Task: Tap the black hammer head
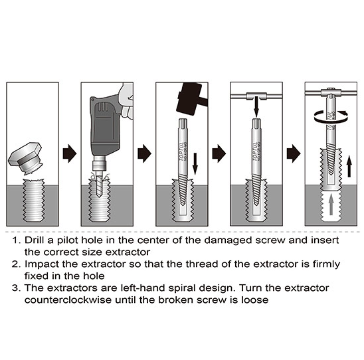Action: tap(189, 98)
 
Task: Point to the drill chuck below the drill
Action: tap(99, 164)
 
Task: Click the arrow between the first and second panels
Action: tap(70, 153)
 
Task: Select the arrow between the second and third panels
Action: tap(144, 153)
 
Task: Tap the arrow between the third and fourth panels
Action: tap(219, 153)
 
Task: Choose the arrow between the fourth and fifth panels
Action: tap(294, 153)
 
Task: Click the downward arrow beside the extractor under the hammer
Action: tap(195, 163)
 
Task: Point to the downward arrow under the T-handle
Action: tap(256, 107)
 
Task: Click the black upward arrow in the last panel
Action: tap(349, 166)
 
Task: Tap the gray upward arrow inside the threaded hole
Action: tap(331, 205)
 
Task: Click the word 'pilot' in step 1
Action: tap(68, 240)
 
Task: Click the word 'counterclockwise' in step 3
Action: tap(68, 300)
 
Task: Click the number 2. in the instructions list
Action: tap(16, 264)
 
